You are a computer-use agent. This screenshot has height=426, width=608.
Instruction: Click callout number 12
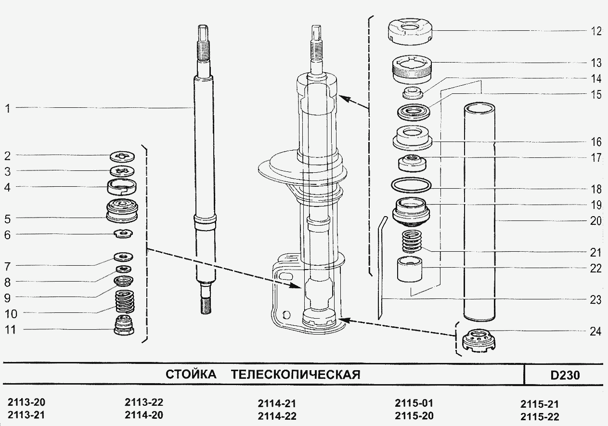(596, 31)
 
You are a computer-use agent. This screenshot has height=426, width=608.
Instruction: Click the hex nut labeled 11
(124, 326)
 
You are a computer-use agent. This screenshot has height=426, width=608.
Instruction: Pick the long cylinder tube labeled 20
(479, 212)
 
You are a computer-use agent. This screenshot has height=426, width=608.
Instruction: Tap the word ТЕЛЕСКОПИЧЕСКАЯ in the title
(296, 374)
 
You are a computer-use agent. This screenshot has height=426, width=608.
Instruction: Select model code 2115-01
(414, 403)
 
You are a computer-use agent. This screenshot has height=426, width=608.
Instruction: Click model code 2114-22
(277, 416)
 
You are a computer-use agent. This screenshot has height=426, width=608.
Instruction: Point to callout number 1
(7, 108)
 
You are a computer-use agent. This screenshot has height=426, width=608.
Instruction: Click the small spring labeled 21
(411, 241)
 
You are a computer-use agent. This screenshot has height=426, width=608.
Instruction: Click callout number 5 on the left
(7, 219)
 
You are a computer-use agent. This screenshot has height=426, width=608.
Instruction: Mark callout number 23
(596, 299)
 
